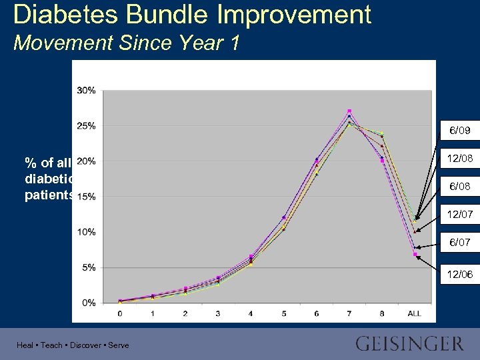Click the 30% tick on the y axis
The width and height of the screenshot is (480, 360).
87,90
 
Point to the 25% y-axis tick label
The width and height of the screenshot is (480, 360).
87,125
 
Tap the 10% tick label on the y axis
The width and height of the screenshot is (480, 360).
87,232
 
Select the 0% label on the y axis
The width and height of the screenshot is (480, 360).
89,303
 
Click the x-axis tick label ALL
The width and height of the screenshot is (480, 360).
414,313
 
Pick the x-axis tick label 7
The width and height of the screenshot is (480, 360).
349,313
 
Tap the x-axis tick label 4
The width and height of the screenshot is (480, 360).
251,313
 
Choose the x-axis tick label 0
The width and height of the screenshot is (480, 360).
120,313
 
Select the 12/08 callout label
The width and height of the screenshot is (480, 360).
460,159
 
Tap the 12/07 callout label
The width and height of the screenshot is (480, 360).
460,214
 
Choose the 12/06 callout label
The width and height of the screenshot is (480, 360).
460,273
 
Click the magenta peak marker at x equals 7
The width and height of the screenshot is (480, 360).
349,111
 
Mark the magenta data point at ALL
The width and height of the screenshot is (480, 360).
415,254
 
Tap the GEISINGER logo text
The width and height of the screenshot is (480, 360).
409,344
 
